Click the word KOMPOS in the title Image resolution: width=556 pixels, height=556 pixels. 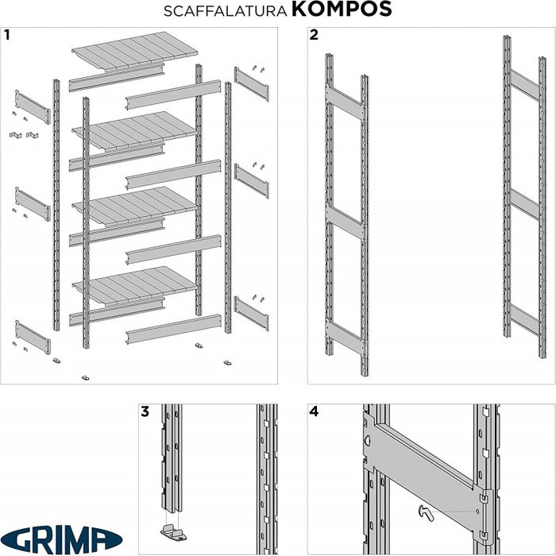[x=342, y=10]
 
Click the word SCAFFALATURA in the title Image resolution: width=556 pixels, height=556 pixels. [x=225, y=11]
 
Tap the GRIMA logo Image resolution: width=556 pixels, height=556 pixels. [x=61, y=539]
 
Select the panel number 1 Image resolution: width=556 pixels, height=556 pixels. [x=6, y=35]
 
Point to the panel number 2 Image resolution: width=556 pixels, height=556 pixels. [x=314, y=35]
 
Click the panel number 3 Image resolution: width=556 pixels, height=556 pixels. [x=145, y=411]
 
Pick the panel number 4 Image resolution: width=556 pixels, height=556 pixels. [x=314, y=411]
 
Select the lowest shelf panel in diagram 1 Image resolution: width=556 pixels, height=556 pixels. [x=135, y=284]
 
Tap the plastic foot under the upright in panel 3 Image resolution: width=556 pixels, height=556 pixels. [x=173, y=532]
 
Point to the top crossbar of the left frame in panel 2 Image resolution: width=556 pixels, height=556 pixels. [x=346, y=102]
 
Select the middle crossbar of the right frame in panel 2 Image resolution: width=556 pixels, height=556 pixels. [x=525, y=205]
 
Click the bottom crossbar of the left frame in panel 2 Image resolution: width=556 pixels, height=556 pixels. [x=346, y=337]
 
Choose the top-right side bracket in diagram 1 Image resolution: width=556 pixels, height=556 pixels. [x=252, y=84]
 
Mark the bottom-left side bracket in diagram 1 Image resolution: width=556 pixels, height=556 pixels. [x=33, y=338]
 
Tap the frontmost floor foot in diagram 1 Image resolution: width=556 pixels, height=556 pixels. [x=85, y=377]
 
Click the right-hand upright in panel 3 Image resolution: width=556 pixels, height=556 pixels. [x=267, y=479]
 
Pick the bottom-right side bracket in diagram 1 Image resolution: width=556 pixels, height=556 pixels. [x=252, y=314]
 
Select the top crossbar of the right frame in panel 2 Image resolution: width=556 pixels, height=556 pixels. [x=525, y=86]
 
